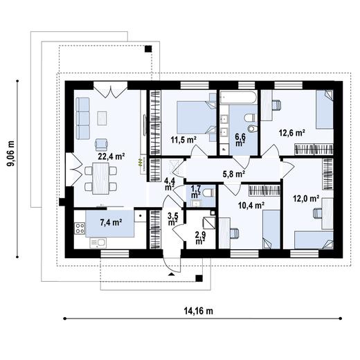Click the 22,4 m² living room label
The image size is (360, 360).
pos(111,156)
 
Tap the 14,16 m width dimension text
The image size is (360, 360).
pos(199,311)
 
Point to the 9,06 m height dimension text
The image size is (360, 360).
pos(10,153)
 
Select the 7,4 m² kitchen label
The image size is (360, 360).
pos(111,222)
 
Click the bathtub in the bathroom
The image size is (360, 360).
pos(238,97)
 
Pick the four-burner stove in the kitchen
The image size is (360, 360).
pos(80,228)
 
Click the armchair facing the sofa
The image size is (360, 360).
pos(101,143)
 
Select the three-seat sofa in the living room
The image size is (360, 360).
pos(82,118)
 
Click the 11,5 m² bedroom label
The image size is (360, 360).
pos(183,139)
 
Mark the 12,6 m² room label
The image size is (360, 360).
pos(292,133)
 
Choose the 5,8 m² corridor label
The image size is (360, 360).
pos(234,174)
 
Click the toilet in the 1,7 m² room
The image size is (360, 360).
pos(209,193)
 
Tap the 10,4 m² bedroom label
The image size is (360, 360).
pos(251,205)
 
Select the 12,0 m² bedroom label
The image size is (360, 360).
pos(306,198)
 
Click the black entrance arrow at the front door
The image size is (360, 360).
pos(171,274)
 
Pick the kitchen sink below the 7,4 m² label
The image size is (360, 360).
pos(98,243)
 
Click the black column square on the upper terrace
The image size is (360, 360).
pos(148,49)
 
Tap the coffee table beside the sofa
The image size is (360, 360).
pos(102,118)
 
